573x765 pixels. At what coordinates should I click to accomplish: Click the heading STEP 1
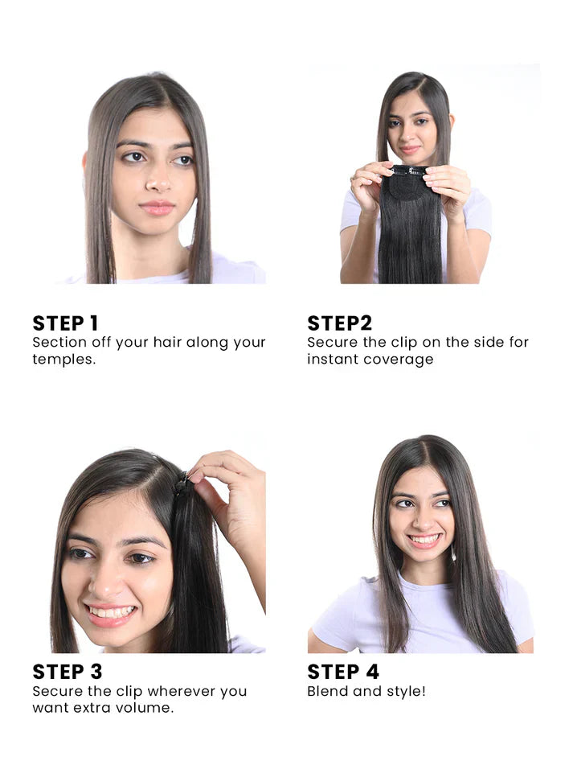[65, 323]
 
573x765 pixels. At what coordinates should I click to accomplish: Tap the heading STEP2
[339, 323]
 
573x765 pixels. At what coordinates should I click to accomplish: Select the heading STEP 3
[68, 672]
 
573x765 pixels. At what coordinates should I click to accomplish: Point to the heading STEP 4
[343, 672]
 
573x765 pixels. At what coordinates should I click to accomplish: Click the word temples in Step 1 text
[62, 360]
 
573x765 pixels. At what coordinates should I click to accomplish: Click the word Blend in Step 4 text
[326, 691]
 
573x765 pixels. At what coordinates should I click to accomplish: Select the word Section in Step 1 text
[58, 342]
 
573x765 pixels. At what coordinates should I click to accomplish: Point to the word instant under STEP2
[333, 360]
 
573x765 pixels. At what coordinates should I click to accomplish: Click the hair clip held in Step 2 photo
[409, 171]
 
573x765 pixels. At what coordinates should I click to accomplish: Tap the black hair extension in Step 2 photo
[410, 233]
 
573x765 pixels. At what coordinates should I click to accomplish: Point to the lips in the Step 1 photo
[158, 208]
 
